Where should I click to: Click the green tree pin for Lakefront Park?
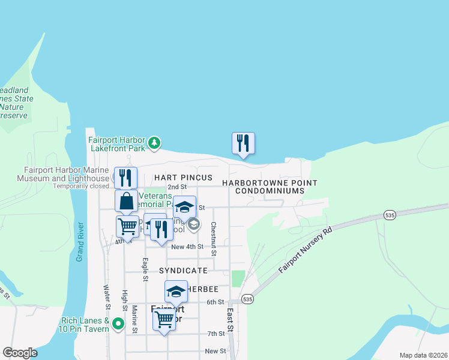(155, 142)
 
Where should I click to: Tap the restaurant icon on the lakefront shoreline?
(243, 143)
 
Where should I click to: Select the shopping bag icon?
(127, 201)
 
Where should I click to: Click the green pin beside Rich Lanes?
(118, 325)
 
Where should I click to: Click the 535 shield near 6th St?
(247, 298)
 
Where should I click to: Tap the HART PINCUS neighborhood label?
(183, 178)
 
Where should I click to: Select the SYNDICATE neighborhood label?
(183, 271)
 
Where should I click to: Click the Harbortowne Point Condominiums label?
(269, 187)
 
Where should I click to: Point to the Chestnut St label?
(213, 236)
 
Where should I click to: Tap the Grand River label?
(80, 242)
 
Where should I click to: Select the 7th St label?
(215, 334)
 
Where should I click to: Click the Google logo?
(20, 353)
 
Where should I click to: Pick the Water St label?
(107, 298)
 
